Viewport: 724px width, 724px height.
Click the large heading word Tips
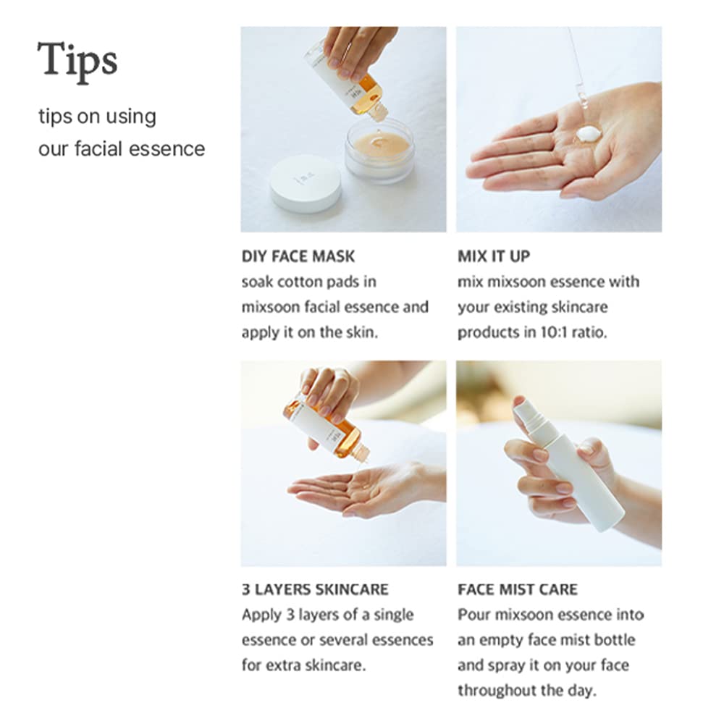[x=77, y=60]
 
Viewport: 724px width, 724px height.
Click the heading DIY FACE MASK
[x=298, y=256]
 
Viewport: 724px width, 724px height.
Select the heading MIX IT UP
[x=494, y=256]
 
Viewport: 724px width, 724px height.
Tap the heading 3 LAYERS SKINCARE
[x=315, y=589]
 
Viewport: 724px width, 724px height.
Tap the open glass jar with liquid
[x=379, y=150]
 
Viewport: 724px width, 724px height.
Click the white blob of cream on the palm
[x=588, y=134]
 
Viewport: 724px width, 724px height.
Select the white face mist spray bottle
[x=568, y=467]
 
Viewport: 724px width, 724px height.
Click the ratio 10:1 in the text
[x=549, y=332]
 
